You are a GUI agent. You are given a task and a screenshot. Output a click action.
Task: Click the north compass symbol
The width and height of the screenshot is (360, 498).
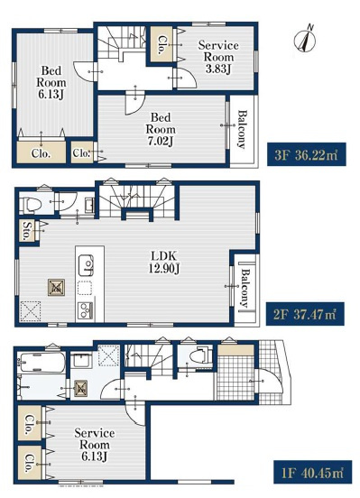(x=305, y=41)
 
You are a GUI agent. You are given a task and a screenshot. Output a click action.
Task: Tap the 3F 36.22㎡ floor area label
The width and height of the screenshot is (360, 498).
(x=306, y=154)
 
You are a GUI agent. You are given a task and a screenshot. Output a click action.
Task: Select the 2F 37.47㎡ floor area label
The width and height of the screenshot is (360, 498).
(x=305, y=314)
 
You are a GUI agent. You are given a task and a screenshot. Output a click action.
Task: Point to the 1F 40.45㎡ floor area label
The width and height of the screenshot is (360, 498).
(x=313, y=472)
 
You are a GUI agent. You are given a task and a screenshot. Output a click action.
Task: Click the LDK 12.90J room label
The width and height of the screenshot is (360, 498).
(x=164, y=262)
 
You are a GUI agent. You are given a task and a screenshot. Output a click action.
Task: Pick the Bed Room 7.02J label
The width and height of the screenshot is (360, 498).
(x=161, y=129)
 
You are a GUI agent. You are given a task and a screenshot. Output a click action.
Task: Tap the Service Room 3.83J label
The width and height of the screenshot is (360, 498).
(x=218, y=57)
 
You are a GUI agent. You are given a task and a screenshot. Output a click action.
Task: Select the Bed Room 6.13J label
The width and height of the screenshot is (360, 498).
(x=51, y=82)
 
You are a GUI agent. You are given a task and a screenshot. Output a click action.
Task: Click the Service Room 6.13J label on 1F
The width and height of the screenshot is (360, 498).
(x=95, y=445)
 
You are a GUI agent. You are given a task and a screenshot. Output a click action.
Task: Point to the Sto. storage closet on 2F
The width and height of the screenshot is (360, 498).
(x=27, y=230)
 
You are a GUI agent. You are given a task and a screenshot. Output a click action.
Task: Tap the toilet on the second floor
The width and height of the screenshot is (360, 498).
(x=31, y=205)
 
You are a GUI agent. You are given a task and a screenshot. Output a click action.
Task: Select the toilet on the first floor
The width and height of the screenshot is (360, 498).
(x=200, y=356)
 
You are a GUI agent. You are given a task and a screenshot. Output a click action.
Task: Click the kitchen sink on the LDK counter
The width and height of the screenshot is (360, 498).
(x=86, y=265)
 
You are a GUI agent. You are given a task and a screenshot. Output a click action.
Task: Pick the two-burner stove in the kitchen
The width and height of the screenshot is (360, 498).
(x=85, y=310)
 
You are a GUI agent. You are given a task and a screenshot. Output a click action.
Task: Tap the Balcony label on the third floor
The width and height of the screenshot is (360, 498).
(x=243, y=129)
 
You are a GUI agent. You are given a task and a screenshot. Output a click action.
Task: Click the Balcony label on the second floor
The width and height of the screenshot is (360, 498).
(x=245, y=289)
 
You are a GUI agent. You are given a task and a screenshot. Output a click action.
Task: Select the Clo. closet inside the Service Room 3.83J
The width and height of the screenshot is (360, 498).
(x=162, y=45)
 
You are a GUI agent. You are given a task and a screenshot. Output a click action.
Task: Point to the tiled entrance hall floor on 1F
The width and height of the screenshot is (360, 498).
(x=235, y=378)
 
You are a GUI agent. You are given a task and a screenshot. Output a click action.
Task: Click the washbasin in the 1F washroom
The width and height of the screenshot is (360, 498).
(x=81, y=361)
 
